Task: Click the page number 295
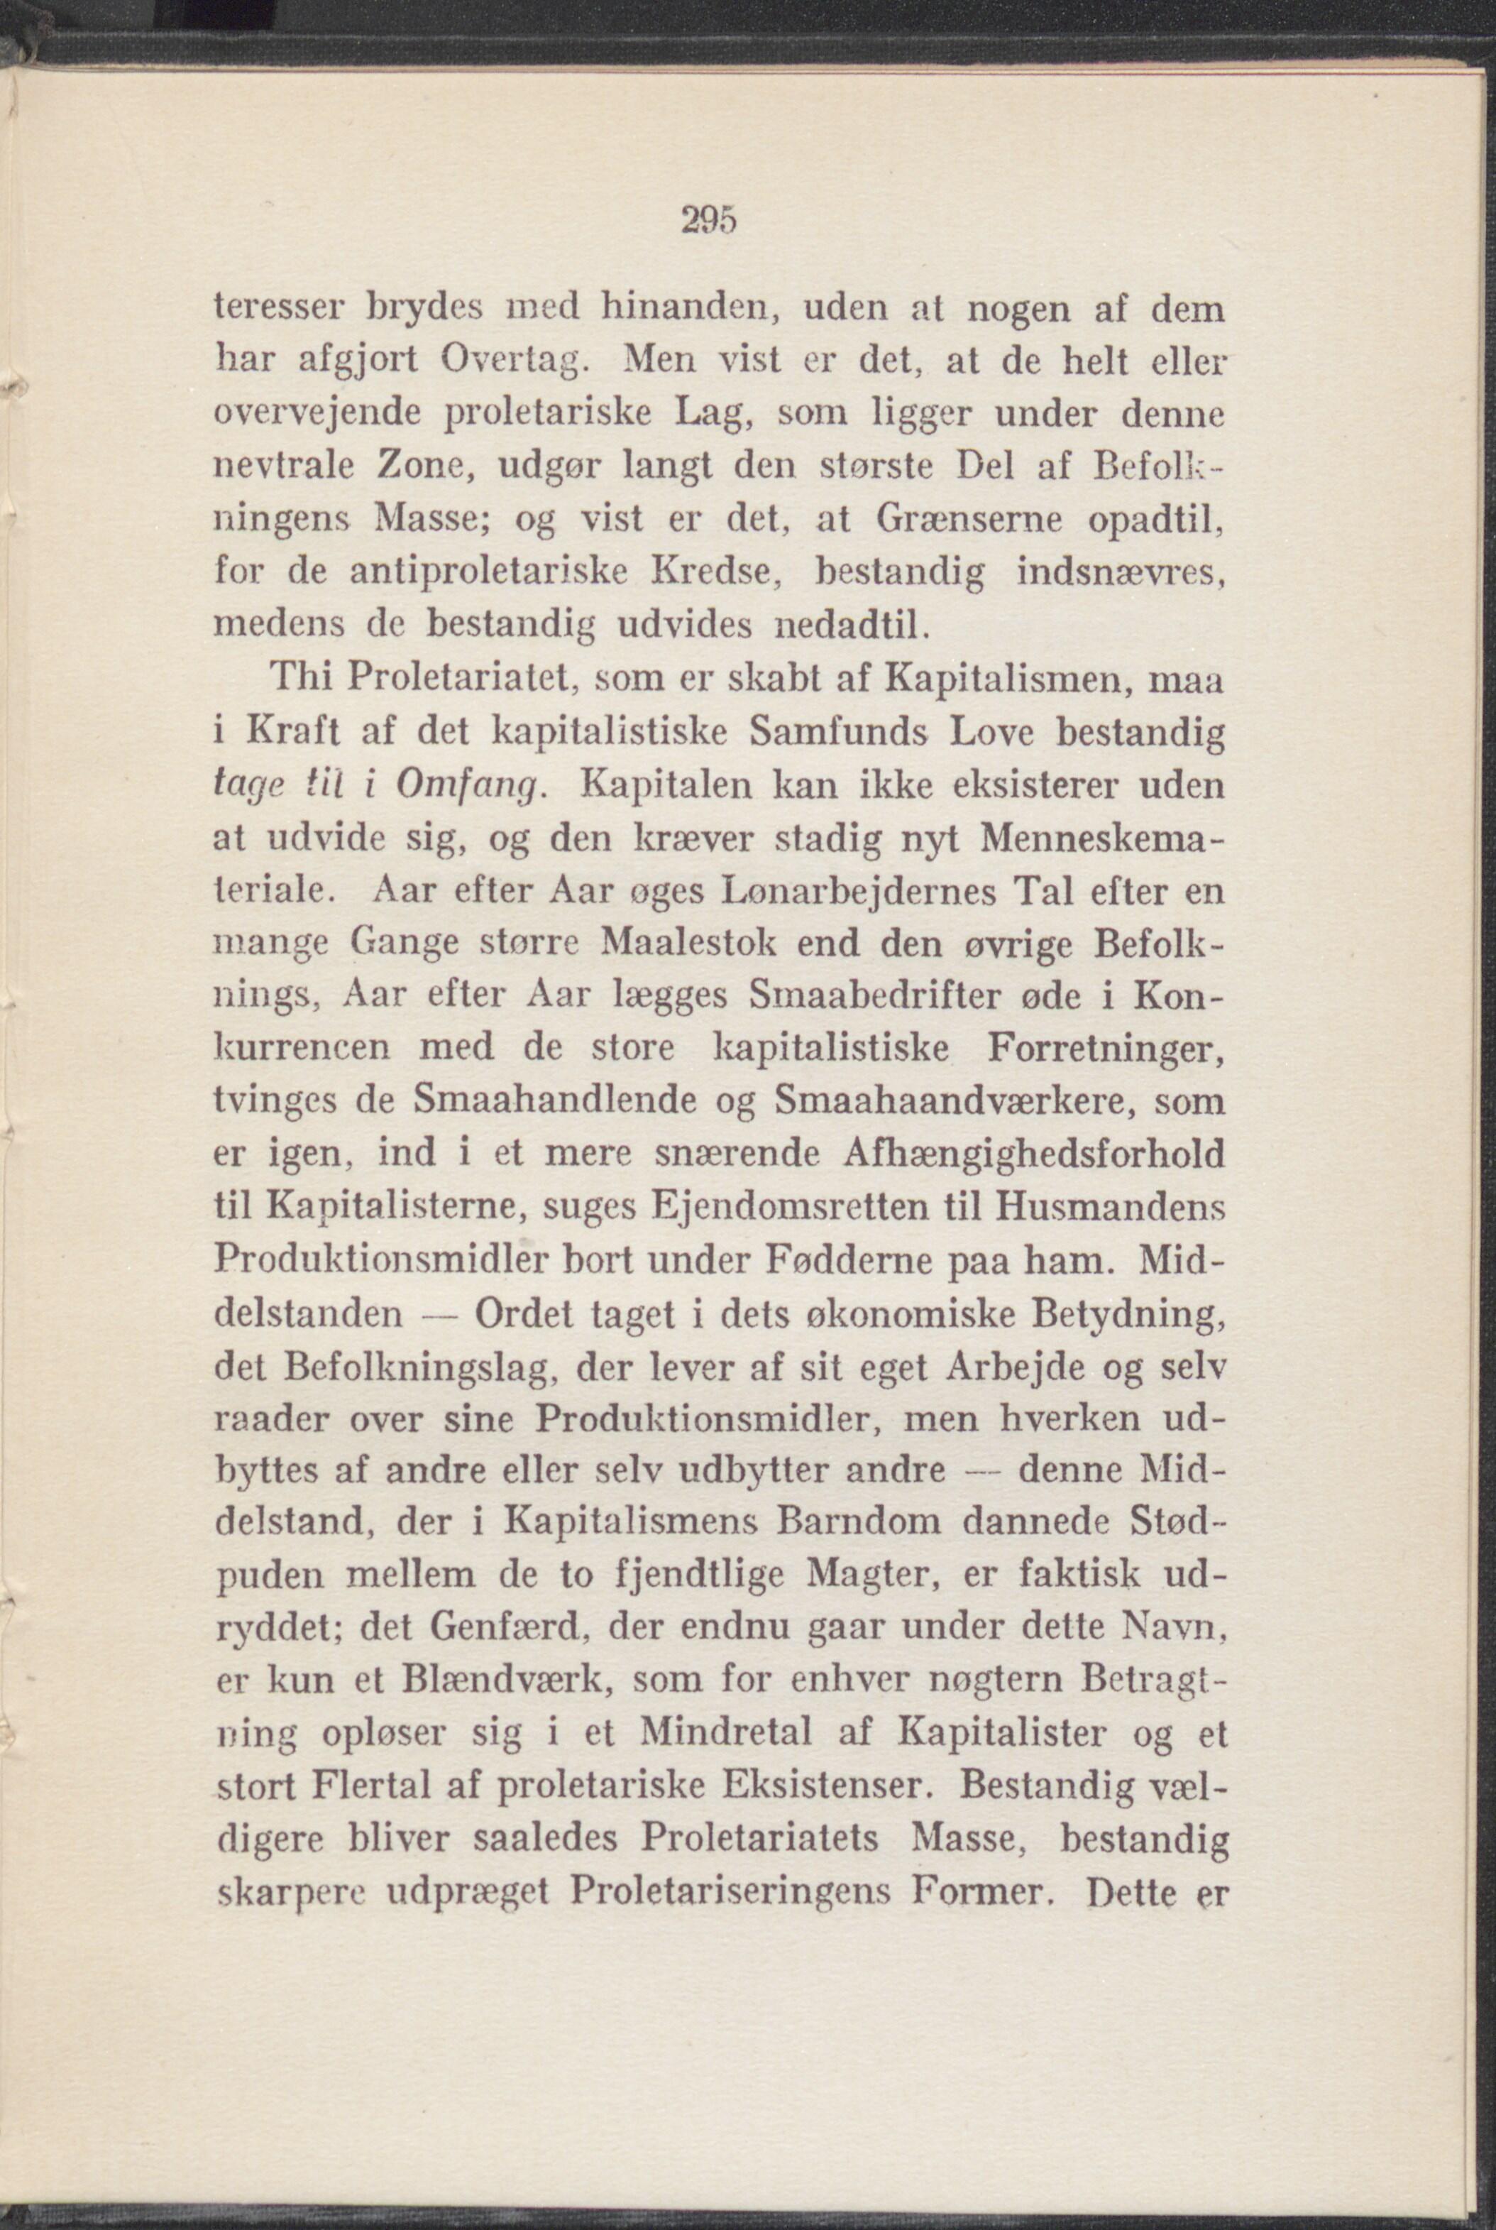click(712, 222)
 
